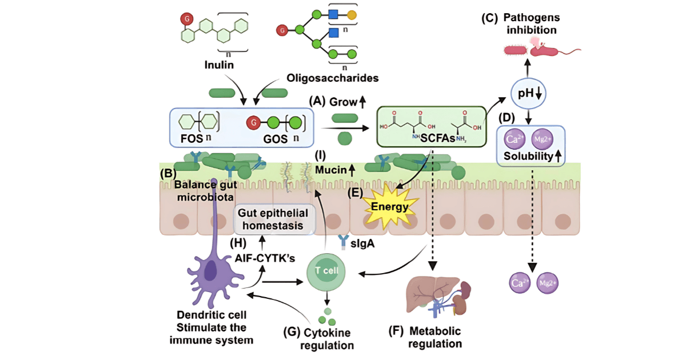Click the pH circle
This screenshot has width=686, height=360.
point(529,93)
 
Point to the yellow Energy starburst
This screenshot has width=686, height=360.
point(390,205)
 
